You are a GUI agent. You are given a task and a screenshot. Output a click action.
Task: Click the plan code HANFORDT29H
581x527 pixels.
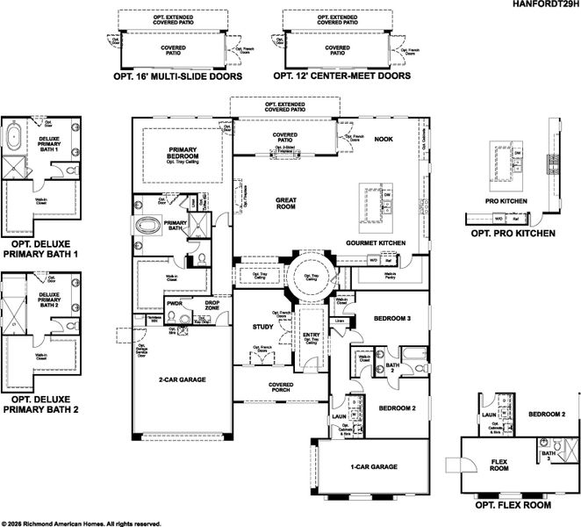point(544,4)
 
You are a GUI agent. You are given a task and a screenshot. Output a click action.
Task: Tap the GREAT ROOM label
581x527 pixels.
point(287,204)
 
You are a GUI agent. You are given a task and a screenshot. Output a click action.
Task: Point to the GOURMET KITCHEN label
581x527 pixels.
point(375,242)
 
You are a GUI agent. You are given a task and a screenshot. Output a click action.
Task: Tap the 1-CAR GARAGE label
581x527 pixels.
point(372,466)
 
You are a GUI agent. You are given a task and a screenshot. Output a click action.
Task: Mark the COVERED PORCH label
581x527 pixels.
point(282,388)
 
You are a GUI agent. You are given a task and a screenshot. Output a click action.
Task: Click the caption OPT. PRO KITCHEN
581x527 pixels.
point(513,234)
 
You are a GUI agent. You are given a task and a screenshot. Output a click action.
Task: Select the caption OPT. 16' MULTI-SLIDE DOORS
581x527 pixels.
point(178,76)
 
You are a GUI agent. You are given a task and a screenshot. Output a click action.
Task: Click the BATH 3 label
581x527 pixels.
point(547,456)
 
